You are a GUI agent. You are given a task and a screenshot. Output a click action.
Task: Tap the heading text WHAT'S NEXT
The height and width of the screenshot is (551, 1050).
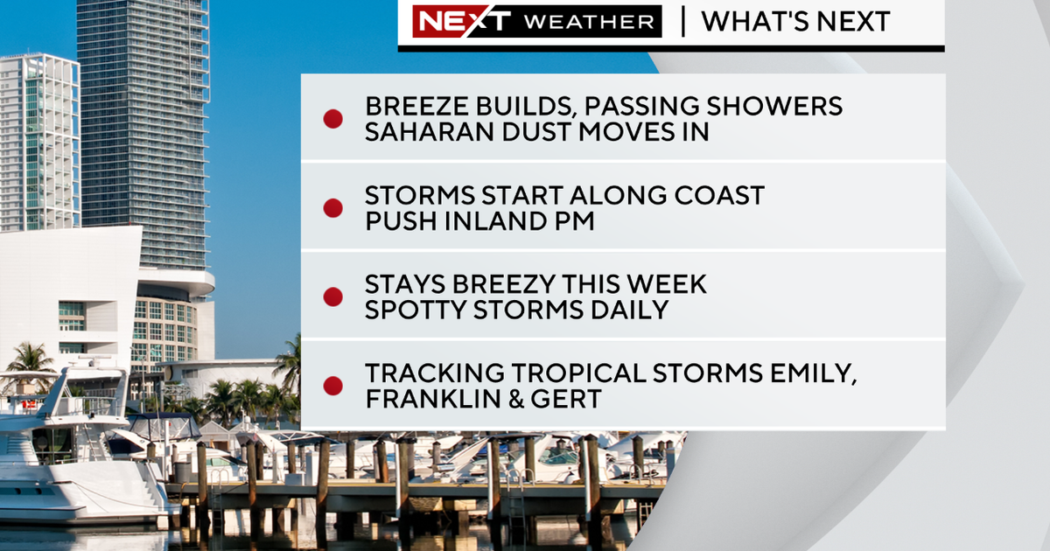[x=795, y=21]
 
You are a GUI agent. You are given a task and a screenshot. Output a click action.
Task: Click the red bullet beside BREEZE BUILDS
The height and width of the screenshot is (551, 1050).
[x=332, y=119]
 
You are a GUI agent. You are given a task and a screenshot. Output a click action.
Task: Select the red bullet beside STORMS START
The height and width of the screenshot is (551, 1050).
[x=332, y=208]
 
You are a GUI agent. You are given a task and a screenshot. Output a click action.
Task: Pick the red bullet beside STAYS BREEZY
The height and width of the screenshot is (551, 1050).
[x=332, y=296]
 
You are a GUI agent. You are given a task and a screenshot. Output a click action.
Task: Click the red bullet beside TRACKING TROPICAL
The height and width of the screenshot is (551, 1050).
[x=332, y=386]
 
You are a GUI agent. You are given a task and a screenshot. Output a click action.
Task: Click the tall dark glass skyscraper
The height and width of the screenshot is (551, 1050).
[x=144, y=131]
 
